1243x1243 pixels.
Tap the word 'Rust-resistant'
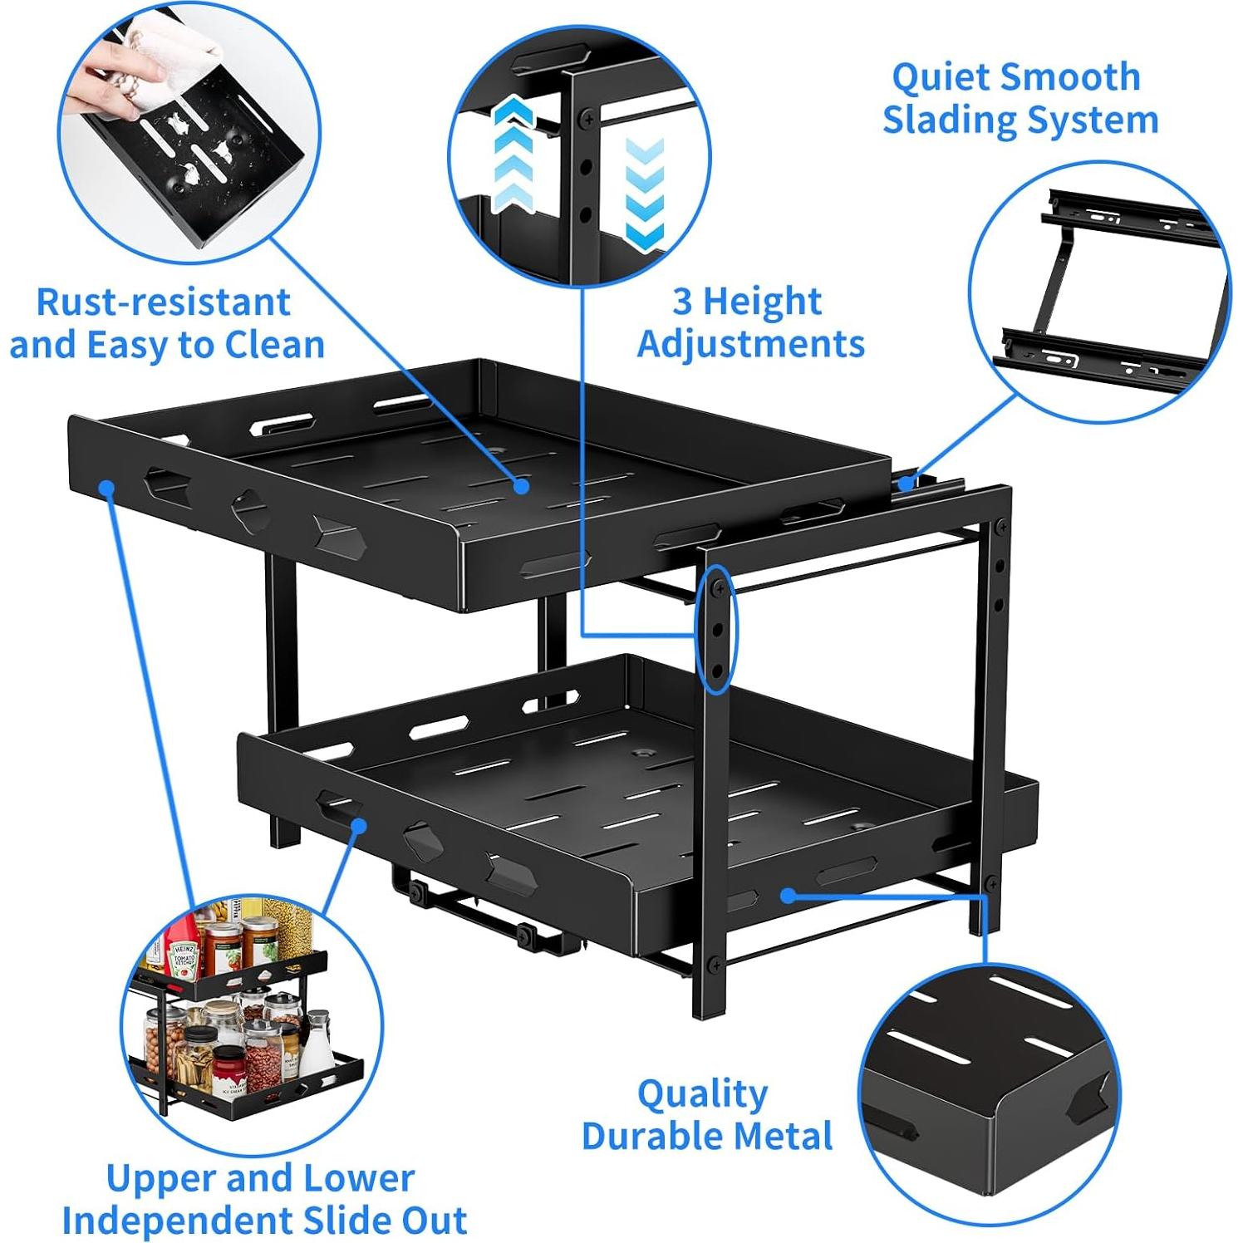[x=164, y=302]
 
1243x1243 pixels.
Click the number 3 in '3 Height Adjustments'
[x=681, y=301]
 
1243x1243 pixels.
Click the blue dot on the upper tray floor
[x=521, y=485]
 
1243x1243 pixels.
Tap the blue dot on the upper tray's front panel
[x=106, y=487]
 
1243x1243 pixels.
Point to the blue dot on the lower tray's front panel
[x=359, y=825]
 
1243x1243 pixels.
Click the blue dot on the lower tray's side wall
[x=787, y=895]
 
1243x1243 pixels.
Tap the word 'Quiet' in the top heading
[x=940, y=79]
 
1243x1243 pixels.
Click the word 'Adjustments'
[x=751, y=343]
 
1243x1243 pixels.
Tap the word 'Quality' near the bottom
[x=703, y=1094]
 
